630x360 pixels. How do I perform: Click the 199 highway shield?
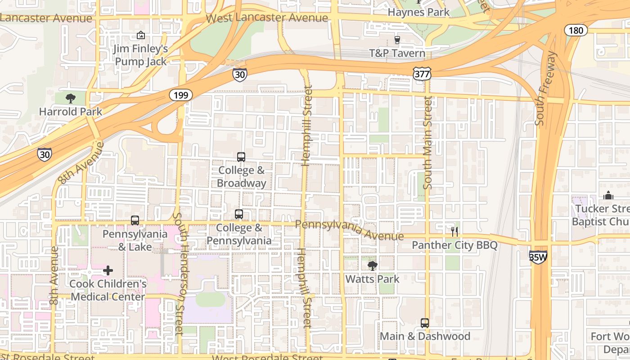pos(181,95)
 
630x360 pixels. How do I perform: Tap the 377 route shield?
pos(422,74)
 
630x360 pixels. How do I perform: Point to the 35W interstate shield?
pos(538,257)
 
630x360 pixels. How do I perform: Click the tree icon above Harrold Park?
pos(70,98)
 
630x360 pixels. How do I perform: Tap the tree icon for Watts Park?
pos(372,265)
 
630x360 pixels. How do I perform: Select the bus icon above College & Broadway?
pos(241,157)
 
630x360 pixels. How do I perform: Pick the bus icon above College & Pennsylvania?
pos(239,214)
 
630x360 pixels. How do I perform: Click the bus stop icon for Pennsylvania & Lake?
pos(135,220)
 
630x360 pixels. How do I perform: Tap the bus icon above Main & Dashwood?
pos(425,323)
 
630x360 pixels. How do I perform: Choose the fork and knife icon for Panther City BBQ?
pos(454,232)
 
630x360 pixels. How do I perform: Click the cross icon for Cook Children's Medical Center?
pos(108,270)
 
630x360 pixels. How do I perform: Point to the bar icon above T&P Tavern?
pos(397,40)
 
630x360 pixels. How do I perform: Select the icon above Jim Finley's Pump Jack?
pos(141,35)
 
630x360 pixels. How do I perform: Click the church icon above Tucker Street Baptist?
pos(608,195)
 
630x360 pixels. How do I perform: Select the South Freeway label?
pos(546,89)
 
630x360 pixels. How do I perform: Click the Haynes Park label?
pos(418,12)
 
